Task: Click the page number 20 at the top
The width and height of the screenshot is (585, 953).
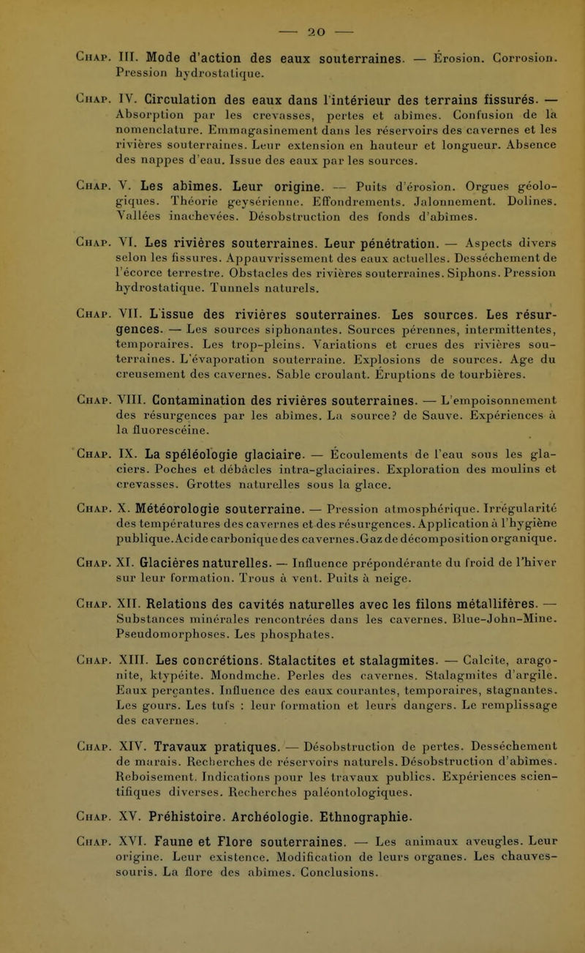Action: coord(293,15)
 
